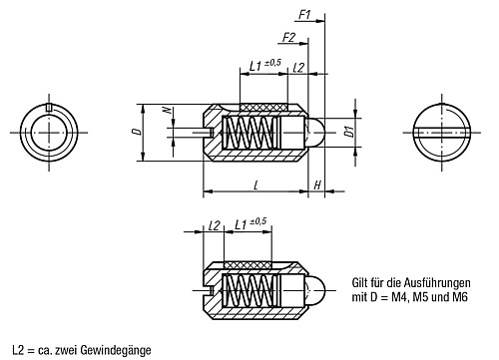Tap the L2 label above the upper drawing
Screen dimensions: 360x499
[299, 66]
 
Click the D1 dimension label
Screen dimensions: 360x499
[348, 132]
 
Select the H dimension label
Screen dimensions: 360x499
[316, 185]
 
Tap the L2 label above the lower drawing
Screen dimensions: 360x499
[213, 226]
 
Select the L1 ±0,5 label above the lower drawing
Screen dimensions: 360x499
[248, 226]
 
